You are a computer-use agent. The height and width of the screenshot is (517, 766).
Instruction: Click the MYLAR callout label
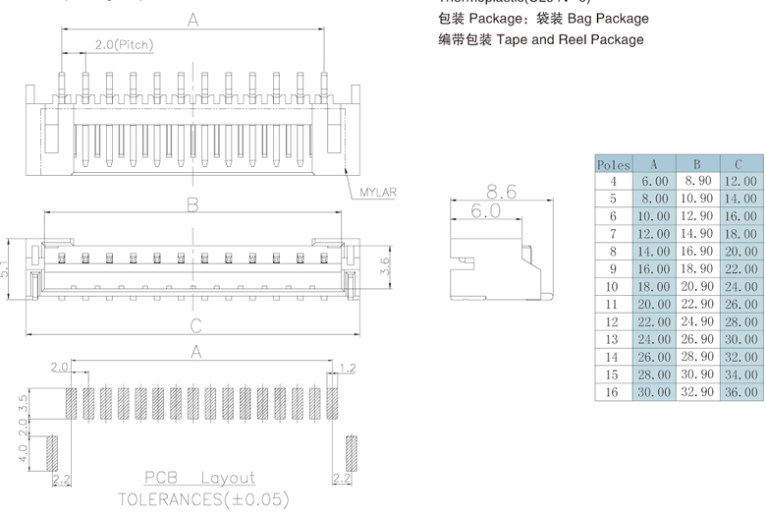click(x=377, y=193)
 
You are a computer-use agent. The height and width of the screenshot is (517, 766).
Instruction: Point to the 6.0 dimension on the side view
click(x=485, y=211)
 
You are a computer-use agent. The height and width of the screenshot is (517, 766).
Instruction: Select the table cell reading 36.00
click(x=740, y=391)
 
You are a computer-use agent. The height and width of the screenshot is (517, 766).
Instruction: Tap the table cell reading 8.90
click(x=696, y=181)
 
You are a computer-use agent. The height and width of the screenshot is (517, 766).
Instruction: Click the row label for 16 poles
click(x=613, y=391)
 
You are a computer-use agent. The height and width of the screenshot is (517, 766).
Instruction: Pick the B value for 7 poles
click(x=696, y=234)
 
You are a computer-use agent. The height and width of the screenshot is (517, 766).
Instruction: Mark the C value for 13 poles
click(x=740, y=339)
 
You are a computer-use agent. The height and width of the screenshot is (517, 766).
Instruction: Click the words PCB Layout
click(x=199, y=479)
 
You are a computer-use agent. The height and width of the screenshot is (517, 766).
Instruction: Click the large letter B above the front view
click(x=193, y=205)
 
